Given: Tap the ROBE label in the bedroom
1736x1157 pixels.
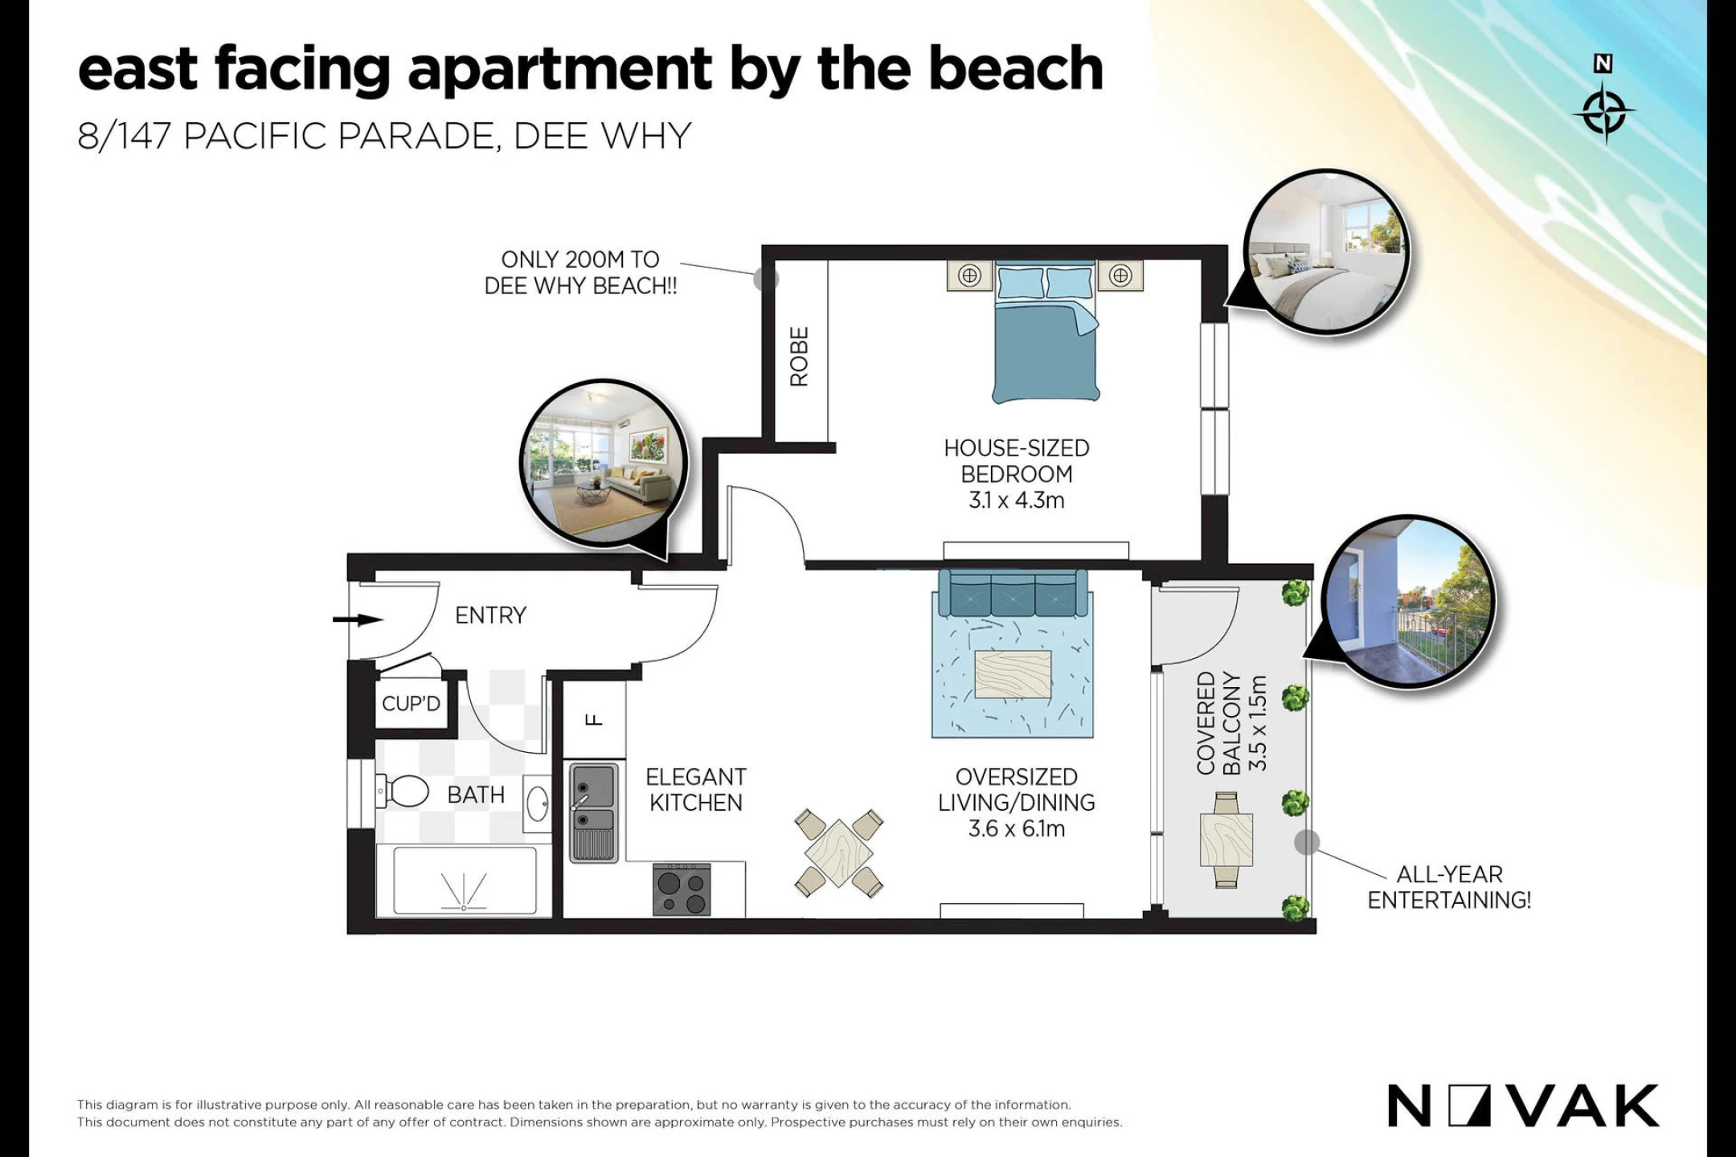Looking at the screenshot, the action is pyautogui.click(x=799, y=357).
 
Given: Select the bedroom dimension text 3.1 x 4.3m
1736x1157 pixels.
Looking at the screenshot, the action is pyautogui.click(x=1017, y=501).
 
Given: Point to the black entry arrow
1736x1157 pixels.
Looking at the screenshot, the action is pyautogui.click(x=358, y=619).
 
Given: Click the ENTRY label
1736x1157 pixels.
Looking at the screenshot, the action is pyautogui.click(x=490, y=615).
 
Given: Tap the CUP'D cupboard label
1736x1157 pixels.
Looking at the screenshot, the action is pyautogui.click(x=411, y=704).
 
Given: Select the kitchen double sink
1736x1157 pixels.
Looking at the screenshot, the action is pyautogui.click(x=594, y=812).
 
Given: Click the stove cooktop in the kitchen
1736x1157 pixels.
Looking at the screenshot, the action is pyautogui.click(x=682, y=890).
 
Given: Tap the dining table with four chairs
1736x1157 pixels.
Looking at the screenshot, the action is pyautogui.click(x=838, y=852).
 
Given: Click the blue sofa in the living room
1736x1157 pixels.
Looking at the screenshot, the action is pyautogui.click(x=1013, y=594).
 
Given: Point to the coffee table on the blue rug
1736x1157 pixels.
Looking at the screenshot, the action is pyautogui.click(x=1013, y=674).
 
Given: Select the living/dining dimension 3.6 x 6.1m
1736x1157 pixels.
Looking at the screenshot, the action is pyautogui.click(x=1017, y=829).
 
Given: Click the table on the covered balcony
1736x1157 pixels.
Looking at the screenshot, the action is pyautogui.click(x=1226, y=840).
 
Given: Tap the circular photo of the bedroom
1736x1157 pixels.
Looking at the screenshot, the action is pyautogui.click(x=1326, y=252).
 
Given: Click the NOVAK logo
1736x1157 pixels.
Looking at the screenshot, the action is pyautogui.click(x=1523, y=1106).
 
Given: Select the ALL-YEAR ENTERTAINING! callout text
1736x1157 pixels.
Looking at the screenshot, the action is pyautogui.click(x=1449, y=887).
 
